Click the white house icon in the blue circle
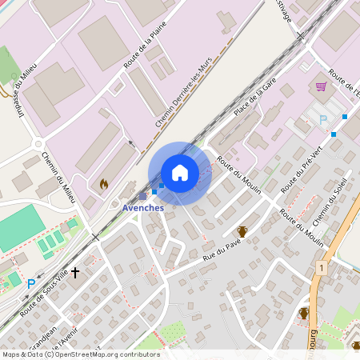tap(180, 173)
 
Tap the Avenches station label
tap(143, 208)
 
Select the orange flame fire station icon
tap(103, 183)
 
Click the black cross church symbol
tap(76, 273)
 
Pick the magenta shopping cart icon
tap(321, 86)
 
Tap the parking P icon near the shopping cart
tap(323, 119)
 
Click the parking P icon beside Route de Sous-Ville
tap(31, 283)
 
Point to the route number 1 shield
tap(321, 267)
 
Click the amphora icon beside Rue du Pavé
tap(242, 232)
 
